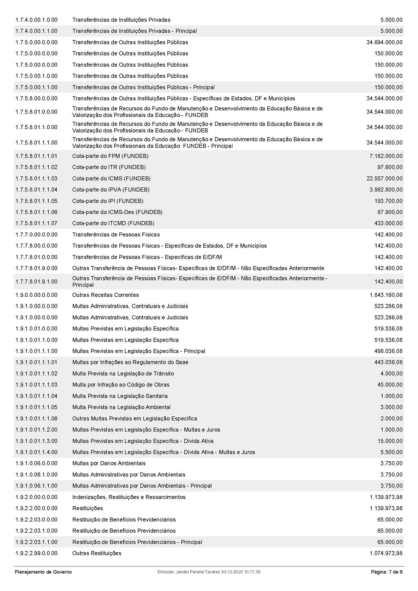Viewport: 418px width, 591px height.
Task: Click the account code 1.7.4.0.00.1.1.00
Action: pyautogui.click(x=36, y=31)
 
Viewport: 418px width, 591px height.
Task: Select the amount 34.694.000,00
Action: pyautogui.click(x=384, y=42)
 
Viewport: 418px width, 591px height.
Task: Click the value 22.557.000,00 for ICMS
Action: pyautogui.click(x=384, y=178)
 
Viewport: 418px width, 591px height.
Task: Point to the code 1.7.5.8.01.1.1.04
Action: pyautogui.click(x=36, y=190)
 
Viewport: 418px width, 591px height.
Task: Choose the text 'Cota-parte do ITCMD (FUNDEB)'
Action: pyautogui.click(x=113, y=223)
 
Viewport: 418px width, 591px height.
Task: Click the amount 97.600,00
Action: pyautogui.click(x=390, y=167)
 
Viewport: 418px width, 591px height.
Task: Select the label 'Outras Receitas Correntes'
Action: pyautogui.click(x=105, y=295)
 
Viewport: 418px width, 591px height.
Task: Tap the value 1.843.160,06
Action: pyautogui.click(x=386, y=295)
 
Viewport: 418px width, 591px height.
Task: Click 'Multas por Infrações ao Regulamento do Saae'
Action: pyautogui.click(x=130, y=362)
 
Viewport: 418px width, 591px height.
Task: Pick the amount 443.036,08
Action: pyautogui.click(x=388, y=362)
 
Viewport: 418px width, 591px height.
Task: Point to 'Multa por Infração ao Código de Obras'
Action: pyautogui.click(x=121, y=385)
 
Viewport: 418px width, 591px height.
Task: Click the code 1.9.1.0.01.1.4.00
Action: pyautogui.click(x=36, y=452)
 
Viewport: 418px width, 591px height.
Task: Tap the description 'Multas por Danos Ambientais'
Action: pyautogui.click(x=109, y=463)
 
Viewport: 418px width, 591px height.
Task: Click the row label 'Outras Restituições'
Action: pyautogui.click(x=97, y=553)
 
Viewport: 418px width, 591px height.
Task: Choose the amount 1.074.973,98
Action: pyautogui.click(x=386, y=553)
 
